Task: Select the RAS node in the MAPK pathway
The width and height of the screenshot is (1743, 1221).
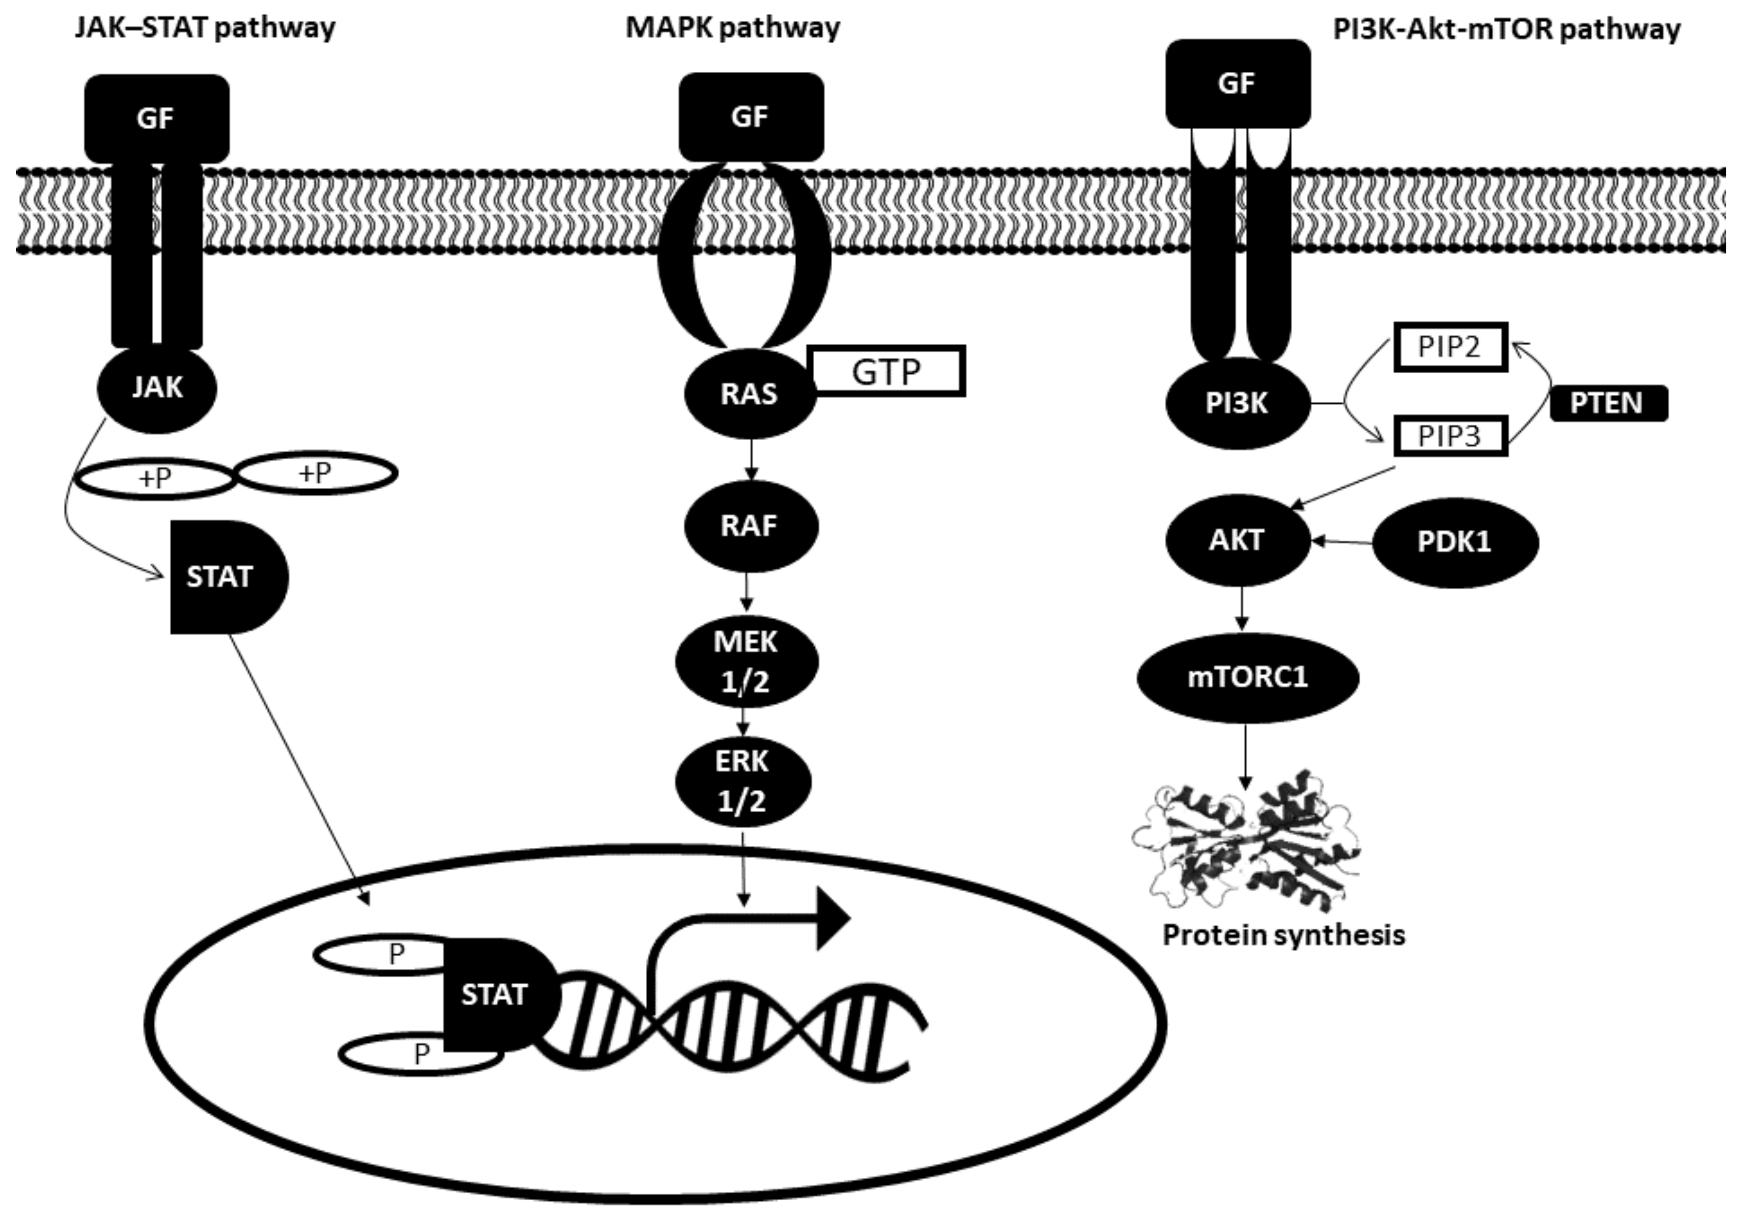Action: coord(749,394)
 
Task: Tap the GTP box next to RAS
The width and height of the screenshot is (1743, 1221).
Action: coord(887,371)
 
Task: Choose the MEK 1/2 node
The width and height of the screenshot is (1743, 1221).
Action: coord(746,661)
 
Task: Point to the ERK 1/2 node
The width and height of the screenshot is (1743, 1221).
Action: coord(742,781)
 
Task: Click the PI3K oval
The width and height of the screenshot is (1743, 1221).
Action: coord(1237,404)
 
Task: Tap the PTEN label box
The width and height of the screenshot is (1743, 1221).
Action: coord(1608,403)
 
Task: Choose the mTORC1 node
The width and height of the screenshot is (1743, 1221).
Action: coord(1247,676)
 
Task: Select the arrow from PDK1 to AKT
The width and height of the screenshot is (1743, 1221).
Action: coord(1342,542)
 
